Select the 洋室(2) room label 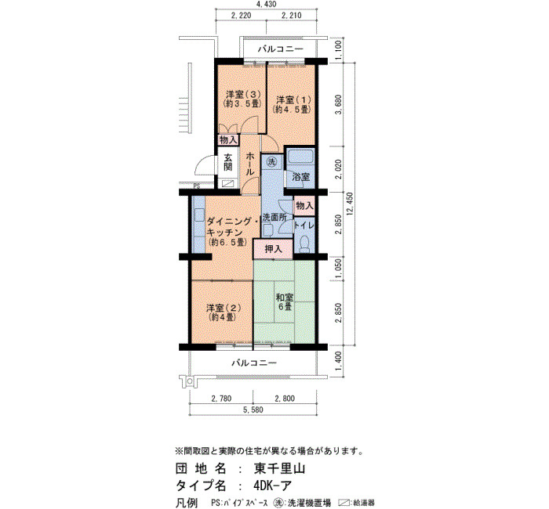[224, 312]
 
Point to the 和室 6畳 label [284, 301]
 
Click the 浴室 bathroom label [301, 176]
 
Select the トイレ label [304, 226]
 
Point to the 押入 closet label [273, 249]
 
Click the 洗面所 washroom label [274, 218]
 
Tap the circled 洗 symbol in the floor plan [271, 161]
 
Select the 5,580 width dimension [253, 410]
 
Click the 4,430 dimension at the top [267, 4]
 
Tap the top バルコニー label [281, 49]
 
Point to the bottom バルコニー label [254, 363]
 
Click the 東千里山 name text [279, 468]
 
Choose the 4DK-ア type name [272, 486]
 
